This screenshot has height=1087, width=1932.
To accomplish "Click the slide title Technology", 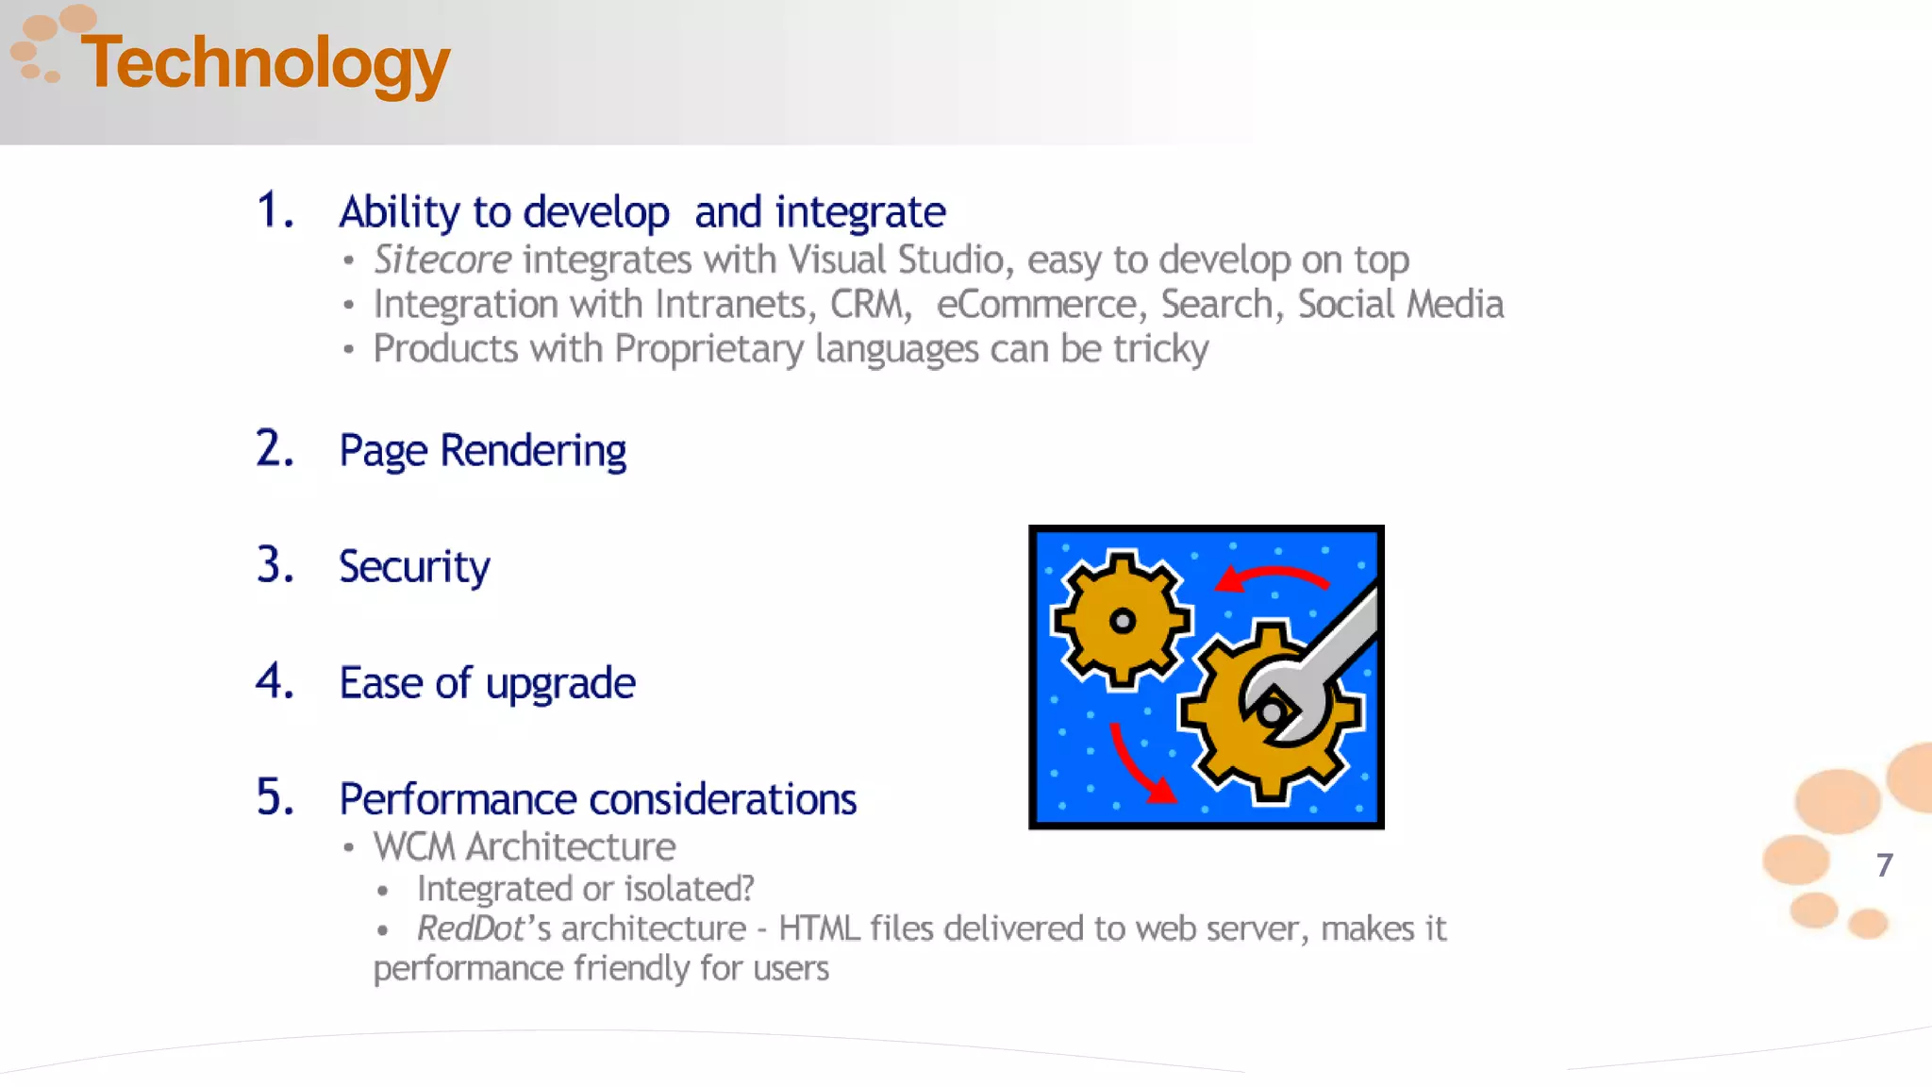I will tap(265, 63).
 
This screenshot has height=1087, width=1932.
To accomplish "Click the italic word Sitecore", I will tap(442, 259).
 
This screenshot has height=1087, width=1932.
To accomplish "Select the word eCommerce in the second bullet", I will tap(1037, 305).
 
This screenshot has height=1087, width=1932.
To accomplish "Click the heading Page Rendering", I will tap(482, 451).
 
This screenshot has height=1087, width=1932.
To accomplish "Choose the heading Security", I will tap(414, 567).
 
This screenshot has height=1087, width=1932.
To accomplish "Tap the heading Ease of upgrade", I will tap(487, 683).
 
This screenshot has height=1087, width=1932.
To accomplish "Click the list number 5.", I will tap(274, 797).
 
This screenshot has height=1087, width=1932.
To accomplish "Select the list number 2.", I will tap(274, 449).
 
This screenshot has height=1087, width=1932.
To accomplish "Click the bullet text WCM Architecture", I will tap(524, 847).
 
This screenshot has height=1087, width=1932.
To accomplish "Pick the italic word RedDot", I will tap(470, 928).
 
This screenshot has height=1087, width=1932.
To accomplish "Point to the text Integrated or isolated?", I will tap(585, 889).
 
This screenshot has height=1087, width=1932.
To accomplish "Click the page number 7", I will tap(1884, 865).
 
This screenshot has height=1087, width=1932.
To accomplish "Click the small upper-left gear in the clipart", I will tap(1121, 620).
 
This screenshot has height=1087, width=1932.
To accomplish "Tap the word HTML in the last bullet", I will tap(818, 928).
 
